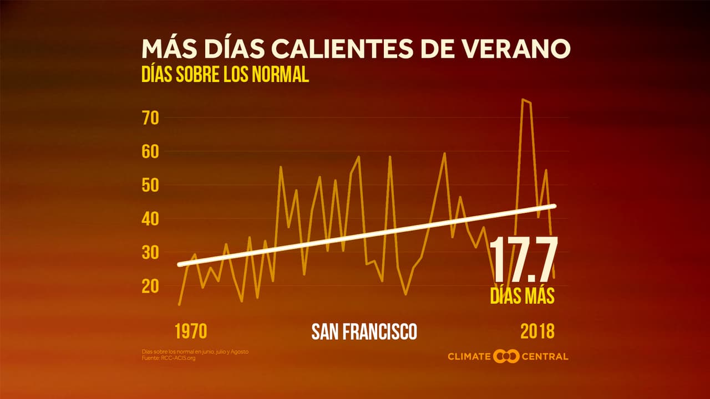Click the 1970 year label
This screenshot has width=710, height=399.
click(x=191, y=331)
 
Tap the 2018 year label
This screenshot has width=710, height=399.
click(x=537, y=331)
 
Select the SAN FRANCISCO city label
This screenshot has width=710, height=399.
click(x=364, y=332)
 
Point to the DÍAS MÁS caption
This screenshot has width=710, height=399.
click(x=522, y=296)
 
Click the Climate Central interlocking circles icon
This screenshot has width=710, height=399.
click(x=506, y=356)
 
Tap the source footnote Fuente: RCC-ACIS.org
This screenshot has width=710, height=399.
click(x=169, y=358)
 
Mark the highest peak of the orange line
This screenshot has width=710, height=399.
click(x=522, y=99)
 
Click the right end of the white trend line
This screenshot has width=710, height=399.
click(x=554, y=206)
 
